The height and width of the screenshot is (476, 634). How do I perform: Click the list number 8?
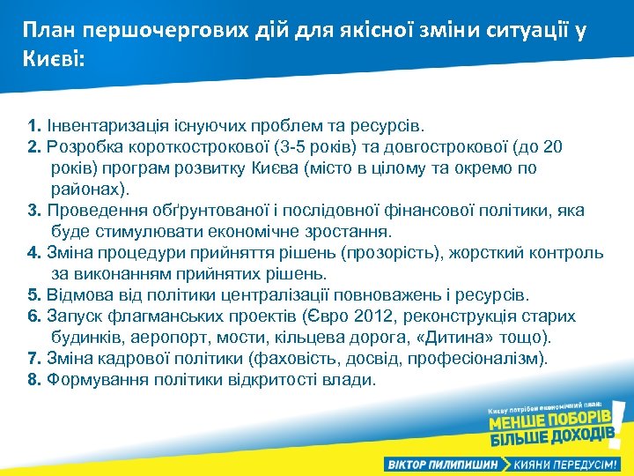click(33, 380)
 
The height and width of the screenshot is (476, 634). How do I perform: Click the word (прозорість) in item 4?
click(387, 253)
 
